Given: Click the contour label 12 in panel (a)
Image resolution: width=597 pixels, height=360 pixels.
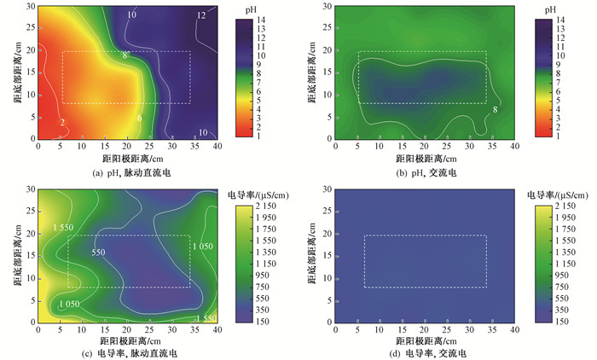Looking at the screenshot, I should pyautogui.click(x=201, y=15).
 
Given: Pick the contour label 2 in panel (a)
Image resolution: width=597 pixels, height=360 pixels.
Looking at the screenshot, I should pyautogui.click(x=62, y=123).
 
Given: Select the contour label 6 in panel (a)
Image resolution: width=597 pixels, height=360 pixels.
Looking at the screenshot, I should pyautogui.click(x=140, y=118).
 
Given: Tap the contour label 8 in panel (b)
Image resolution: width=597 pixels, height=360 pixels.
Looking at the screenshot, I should pyautogui.click(x=495, y=109).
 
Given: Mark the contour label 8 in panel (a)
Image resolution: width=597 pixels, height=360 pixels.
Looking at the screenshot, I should pyautogui.click(x=125, y=55).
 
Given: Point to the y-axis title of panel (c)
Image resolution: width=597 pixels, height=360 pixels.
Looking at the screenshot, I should pyautogui.click(x=17, y=255).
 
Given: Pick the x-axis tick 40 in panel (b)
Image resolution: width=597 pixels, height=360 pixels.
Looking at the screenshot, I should pyautogui.click(x=514, y=146).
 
